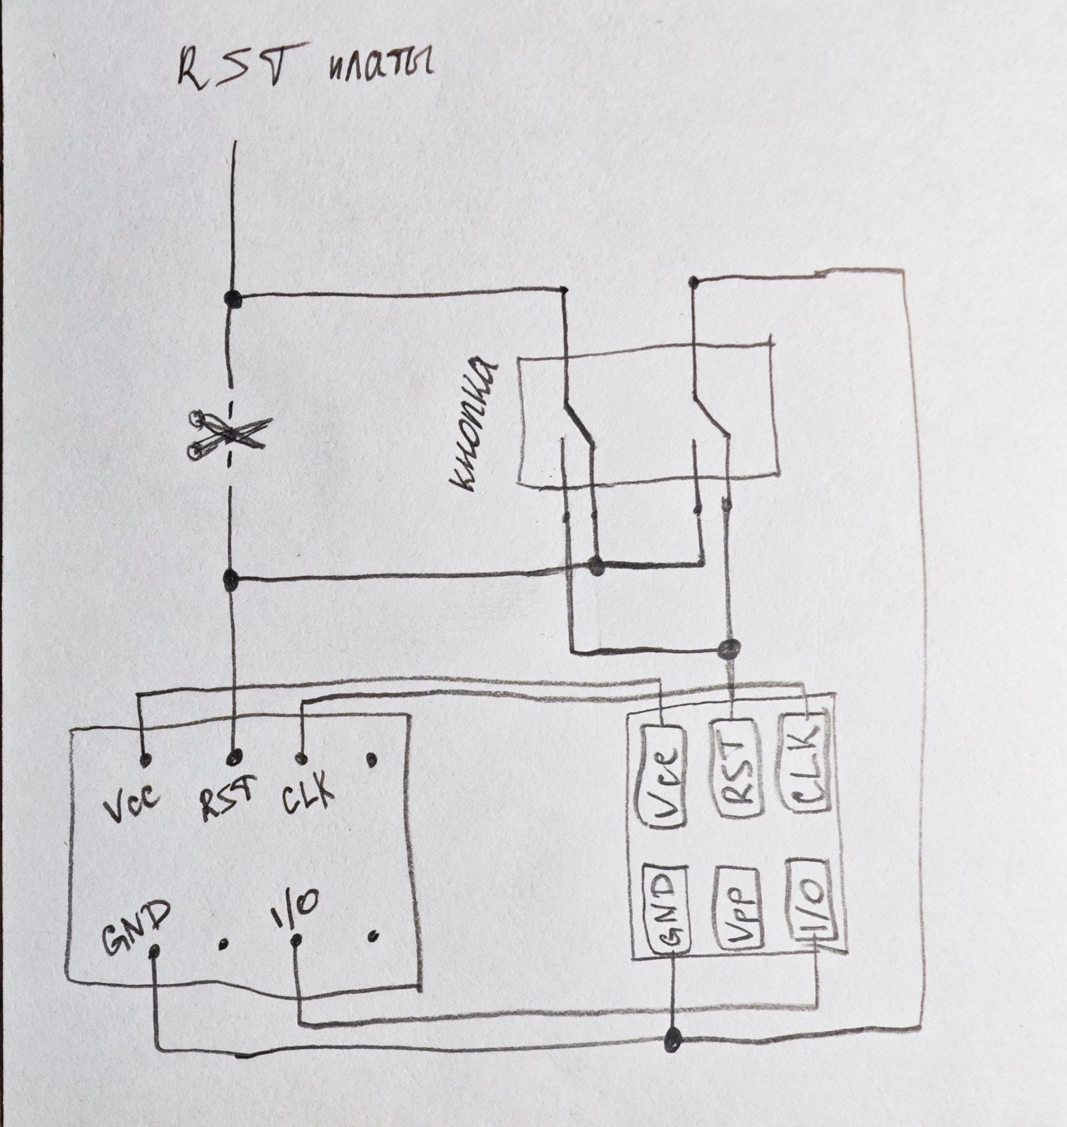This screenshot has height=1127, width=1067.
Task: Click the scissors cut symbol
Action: pyautogui.click(x=228, y=435)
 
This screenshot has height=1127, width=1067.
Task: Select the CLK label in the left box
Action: pyautogui.click(x=307, y=796)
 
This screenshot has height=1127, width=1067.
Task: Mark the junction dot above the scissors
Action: pyautogui.click(x=233, y=298)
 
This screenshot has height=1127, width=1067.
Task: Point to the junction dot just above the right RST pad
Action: pyautogui.click(x=729, y=649)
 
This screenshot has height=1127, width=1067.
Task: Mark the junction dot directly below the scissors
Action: pyautogui.click(x=231, y=580)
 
